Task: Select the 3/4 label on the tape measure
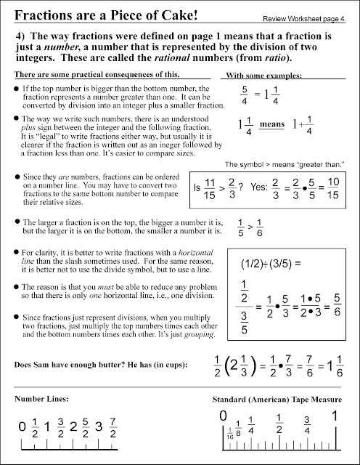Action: point(307,424)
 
